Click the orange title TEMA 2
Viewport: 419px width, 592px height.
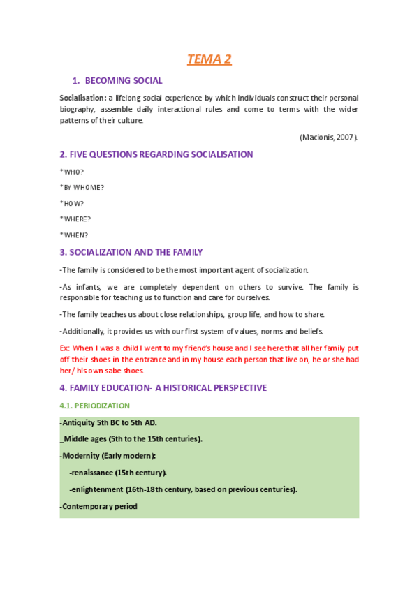209,59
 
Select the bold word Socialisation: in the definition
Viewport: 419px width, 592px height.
83,98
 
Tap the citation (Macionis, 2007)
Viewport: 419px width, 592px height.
328,137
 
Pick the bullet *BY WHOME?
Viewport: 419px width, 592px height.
82,187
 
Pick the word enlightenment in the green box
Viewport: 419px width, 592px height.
98,489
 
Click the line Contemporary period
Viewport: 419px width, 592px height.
99,506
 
